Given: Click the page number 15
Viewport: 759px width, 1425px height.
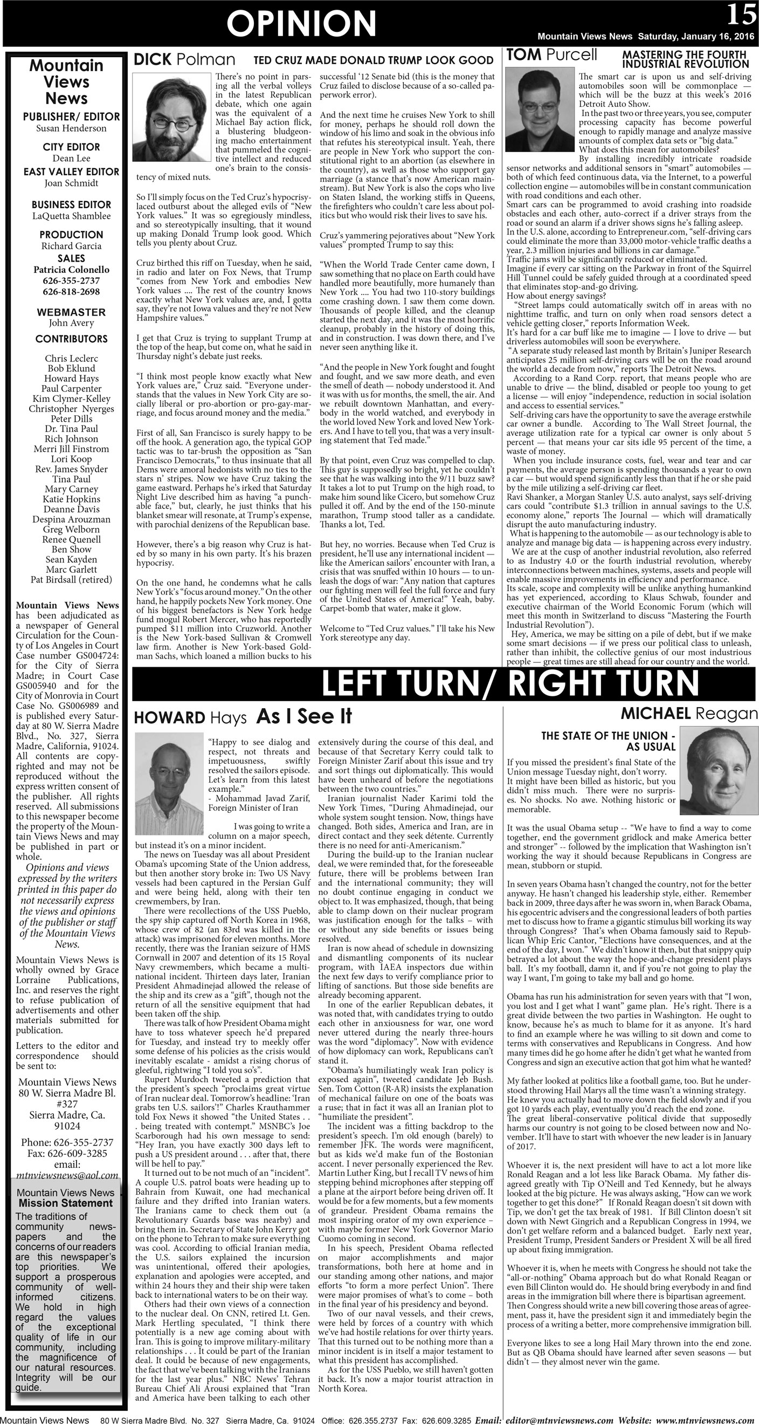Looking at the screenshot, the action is (741, 15).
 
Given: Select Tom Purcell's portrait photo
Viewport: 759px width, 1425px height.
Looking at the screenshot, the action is (540, 109).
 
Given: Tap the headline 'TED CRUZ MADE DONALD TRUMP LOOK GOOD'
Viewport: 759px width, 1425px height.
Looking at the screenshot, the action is (373, 60).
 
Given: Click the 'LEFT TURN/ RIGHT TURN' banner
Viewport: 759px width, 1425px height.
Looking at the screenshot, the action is (510, 684).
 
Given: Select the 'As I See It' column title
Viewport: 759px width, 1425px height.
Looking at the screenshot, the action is (304, 716).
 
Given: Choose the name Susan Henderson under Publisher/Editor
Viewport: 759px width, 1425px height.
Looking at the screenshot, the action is (71, 128).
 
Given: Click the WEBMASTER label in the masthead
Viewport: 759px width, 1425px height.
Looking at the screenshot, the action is (71, 312).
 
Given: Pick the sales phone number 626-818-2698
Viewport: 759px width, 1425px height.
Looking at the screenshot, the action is (71, 292).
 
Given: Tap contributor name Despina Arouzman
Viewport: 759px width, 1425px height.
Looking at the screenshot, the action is (71, 519).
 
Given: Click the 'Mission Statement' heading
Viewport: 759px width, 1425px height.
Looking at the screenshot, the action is (65, 1203).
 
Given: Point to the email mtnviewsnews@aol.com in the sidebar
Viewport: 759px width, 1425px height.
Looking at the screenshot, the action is (67, 1175).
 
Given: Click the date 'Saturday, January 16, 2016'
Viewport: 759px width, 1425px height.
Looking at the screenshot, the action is (696, 37).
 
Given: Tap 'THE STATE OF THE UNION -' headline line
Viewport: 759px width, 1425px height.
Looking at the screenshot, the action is (608, 736).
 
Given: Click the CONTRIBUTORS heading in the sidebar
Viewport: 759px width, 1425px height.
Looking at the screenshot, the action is (71, 339).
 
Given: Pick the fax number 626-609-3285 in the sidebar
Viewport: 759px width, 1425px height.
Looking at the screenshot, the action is (67, 1153).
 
